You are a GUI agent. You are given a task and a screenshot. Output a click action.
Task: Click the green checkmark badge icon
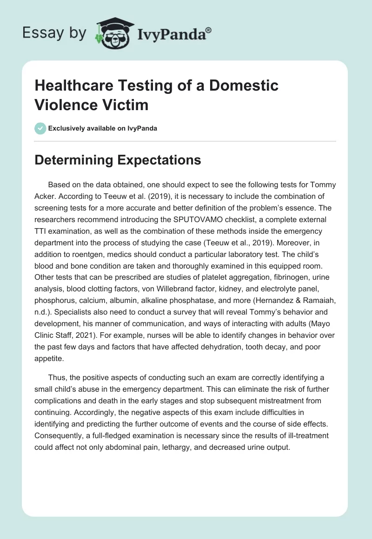click(x=40, y=128)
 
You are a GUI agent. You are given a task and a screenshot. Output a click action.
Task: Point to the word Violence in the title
click(x=66, y=105)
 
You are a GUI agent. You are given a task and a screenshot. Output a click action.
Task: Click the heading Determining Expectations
click(x=118, y=160)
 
